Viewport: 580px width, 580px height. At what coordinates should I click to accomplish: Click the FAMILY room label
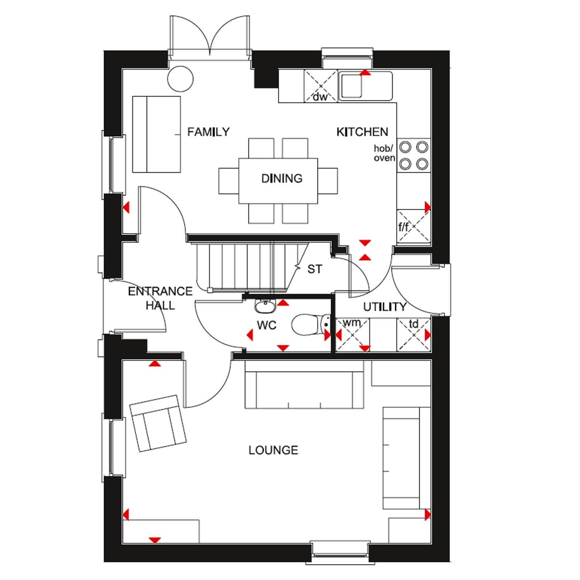click(x=208, y=132)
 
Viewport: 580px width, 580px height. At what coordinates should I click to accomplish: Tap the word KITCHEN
click(x=362, y=132)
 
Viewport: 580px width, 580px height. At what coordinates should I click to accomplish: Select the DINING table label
click(x=282, y=178)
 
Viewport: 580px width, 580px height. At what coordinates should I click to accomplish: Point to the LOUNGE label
click(x=273, y=450)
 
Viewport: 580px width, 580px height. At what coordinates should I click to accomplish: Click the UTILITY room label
click(x=385, y=307)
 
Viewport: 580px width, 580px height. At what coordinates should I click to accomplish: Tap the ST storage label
click(x=315, y=269)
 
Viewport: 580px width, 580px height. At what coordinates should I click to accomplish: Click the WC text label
click(x=266, y=326)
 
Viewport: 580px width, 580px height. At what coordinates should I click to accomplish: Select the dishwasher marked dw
click(x=321, y=86)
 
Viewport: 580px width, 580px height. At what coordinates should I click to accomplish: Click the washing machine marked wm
click(x=353, y=335)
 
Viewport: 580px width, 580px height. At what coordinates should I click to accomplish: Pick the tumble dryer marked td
click(x=414, y=335)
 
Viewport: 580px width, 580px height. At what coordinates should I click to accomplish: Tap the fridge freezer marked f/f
click(x=414, y=226)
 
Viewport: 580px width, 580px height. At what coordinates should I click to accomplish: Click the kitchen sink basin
click(x=351, y=86)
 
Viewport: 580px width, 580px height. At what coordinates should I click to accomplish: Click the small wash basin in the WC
click(x=265, y=306)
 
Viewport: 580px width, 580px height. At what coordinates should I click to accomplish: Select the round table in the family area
click(x=180, y=79)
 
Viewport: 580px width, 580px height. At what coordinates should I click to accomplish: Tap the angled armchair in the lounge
click(x=158, y=423)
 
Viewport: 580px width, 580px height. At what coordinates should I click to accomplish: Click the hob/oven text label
click(x=384, y=153)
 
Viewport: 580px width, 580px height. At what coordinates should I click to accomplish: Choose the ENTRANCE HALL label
click(x=160, y=298)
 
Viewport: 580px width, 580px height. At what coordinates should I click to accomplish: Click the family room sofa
click(x=157, y=134)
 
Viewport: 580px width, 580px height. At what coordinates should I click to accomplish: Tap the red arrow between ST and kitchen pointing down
click(x=365, y=243)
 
